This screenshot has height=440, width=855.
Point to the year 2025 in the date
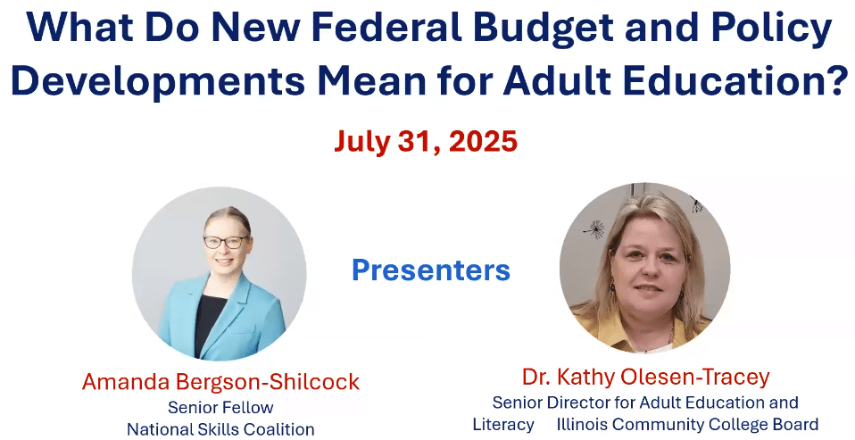click(483, 142)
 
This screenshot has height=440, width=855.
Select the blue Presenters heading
click(431, 270)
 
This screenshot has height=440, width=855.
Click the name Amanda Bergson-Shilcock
click(220, 382)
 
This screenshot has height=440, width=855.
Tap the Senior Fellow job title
click(220, 407)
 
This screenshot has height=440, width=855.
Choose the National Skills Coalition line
click(220, 429)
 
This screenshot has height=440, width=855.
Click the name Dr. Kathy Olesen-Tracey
click(645, 377)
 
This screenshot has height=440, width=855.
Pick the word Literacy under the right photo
click(503, 424)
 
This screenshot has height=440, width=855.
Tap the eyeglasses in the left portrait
click(226, 242)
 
